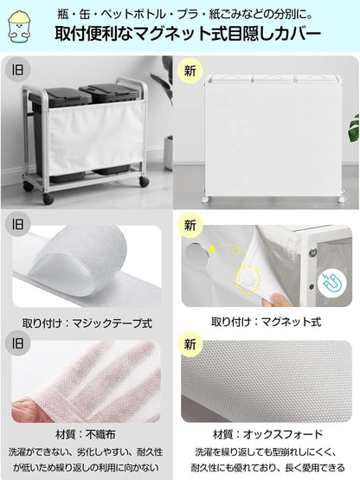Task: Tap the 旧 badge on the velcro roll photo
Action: [x=16, y=223]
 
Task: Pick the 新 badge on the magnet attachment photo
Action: [x=190, y=223]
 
